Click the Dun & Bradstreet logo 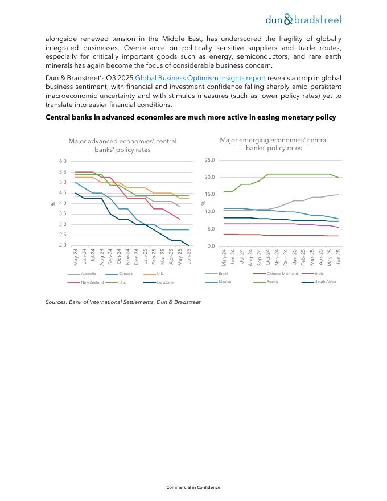(304, 20)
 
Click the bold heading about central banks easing (191, 117)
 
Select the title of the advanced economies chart (122, 145)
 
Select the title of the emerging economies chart (274, 144)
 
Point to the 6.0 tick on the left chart (63, 162)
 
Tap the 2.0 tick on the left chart (63, 245)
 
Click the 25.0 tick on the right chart (209, 160)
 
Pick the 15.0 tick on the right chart (209, 195)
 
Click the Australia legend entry (88, 274)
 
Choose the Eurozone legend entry (165, 282)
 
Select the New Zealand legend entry (92, 282)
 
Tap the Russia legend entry (272, 282)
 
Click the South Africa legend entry (326, 282)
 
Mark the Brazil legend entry (223, 274)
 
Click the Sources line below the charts (123, 302)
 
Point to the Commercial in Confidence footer (193, 487)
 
